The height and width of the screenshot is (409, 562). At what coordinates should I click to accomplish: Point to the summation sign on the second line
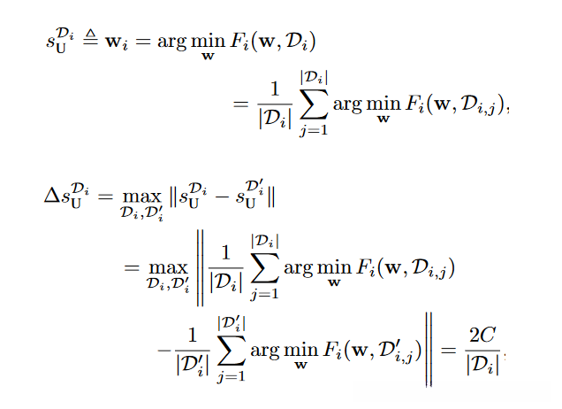point(307,104)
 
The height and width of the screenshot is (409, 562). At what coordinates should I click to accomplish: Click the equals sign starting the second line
point(239,104)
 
